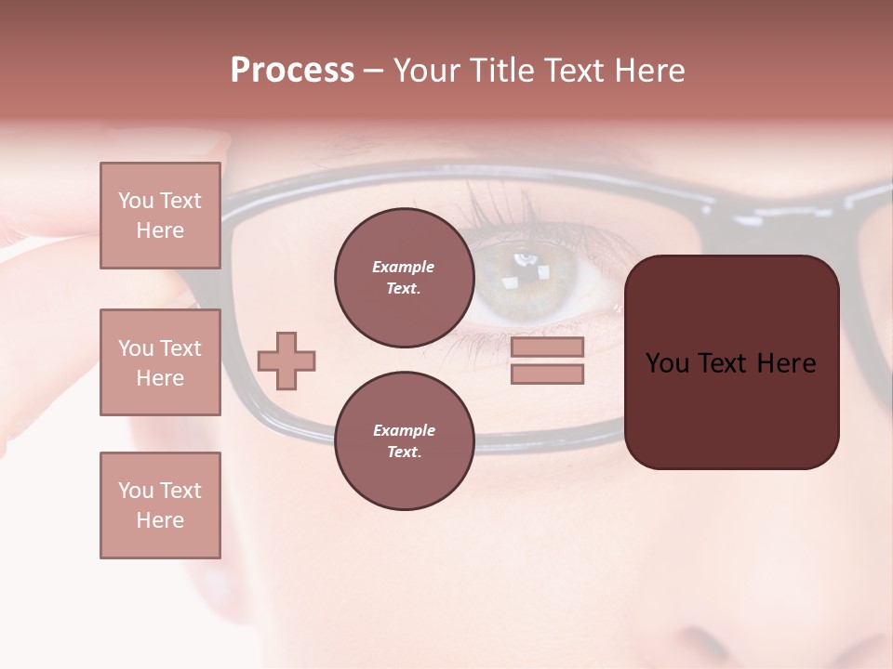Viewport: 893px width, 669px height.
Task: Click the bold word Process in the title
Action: point(292,71)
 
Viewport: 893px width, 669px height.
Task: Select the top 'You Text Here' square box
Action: point(160,216)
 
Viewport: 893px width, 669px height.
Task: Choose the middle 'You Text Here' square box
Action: point(160,362)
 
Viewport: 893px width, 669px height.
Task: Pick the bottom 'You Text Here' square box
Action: point(160,505)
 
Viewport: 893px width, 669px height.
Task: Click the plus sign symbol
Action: point(287,361)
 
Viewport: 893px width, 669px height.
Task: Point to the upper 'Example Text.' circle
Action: point(404,278)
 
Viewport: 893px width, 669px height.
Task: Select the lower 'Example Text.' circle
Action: point(404,441)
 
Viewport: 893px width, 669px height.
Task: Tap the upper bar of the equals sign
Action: point(547,348)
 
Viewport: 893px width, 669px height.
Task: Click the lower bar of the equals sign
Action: point(547,374)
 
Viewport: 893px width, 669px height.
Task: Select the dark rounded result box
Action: point(731,362)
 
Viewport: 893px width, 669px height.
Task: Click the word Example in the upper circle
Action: point(403,267)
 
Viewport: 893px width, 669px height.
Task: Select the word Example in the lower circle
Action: point(404,430)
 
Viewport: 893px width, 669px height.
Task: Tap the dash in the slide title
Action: point(373,72)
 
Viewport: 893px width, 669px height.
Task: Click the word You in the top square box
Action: point(136,201)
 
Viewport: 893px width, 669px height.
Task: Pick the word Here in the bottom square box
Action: point(160,520)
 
